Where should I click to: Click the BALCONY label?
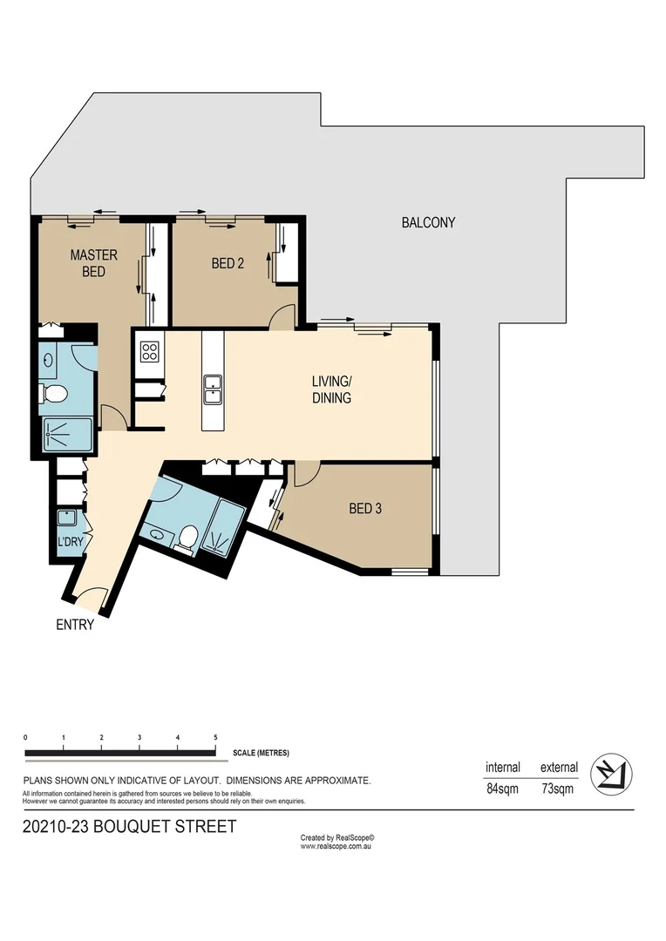pyautogui.click(x=428, y=222)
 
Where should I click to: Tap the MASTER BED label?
pyautogui.click(x=88, y=263)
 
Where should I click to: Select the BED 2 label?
pyautogui.click(x=228, y=262)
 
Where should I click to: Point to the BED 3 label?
pyautogui.click(x=365, y=509)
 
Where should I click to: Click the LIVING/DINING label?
pyautogui.click(x=331, y=389)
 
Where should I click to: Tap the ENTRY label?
pyautogui.click(x=74, y=624)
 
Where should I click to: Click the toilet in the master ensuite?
pyautogui.click(x=55, y=394)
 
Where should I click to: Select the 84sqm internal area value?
pyautogui.click(x=503, y=790)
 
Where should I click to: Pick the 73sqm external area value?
pyautogui.click(x=558, y=790)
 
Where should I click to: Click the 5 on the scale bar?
pyautogui.click(x=215, y=738)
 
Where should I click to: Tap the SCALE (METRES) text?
pyautogui.click(x=261, y=753)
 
